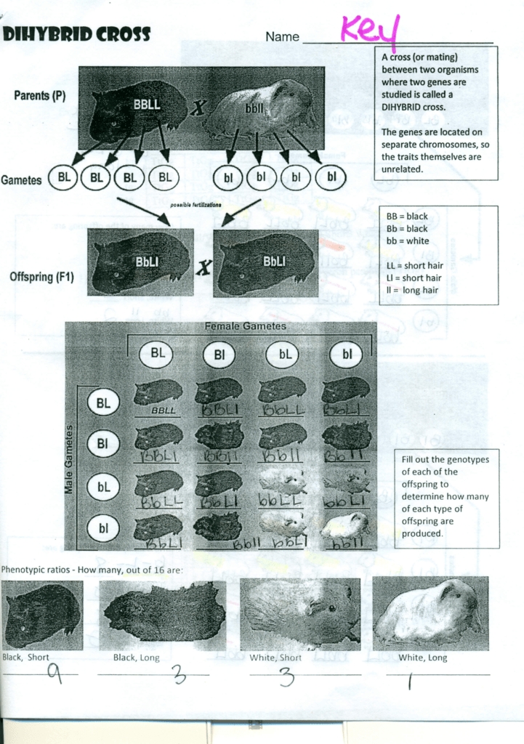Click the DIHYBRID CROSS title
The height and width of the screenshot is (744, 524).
pos(76,34)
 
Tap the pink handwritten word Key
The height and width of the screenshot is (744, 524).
pos(370,30)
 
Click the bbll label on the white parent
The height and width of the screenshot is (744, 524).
pos(254,108)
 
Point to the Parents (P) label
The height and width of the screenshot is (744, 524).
pos(40,95)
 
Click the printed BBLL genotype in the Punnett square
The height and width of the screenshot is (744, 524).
pos(164,411)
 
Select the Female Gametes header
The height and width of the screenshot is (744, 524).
pos(245,326)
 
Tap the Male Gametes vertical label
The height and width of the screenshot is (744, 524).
pos(69,460)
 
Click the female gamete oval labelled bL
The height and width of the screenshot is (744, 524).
pos(282,355)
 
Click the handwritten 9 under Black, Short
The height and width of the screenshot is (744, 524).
pos(55,674)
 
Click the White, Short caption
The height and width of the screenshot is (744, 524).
pos(275,658)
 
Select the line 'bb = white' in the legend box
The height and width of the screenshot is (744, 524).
pos(408,240)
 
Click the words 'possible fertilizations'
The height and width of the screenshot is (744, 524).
pos(196,205)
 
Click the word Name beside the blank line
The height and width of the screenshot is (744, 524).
pos(282,36)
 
